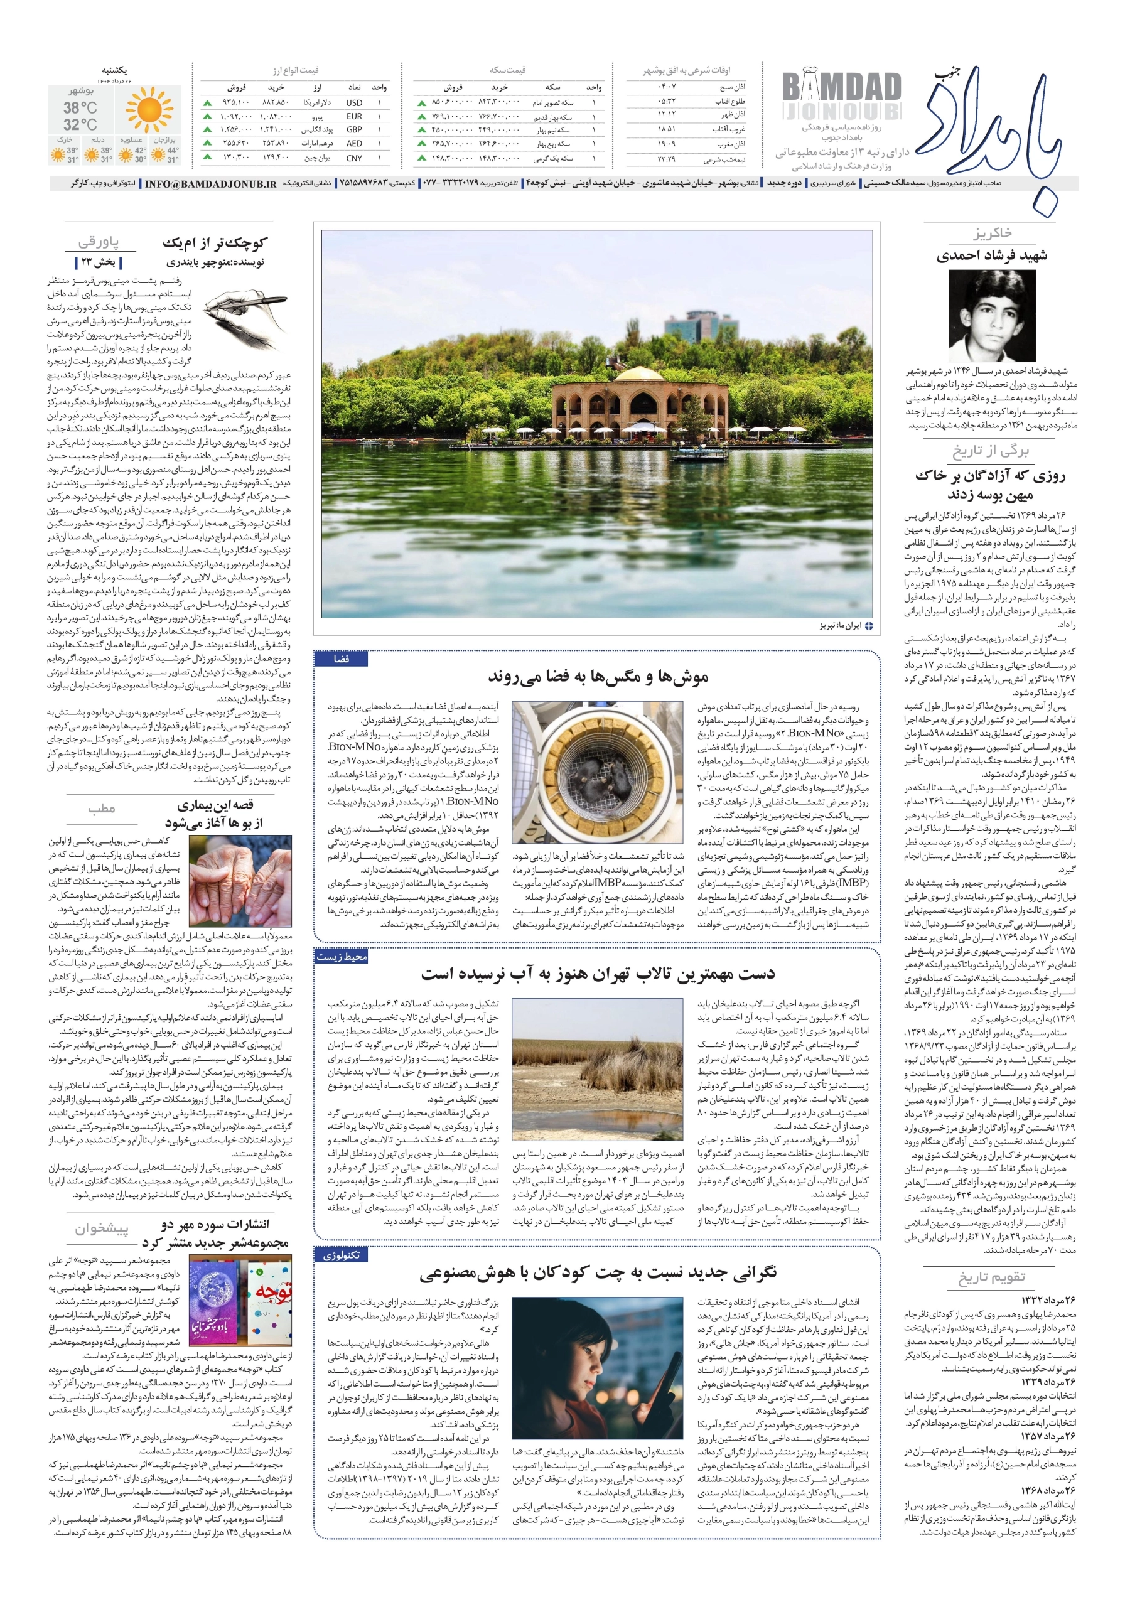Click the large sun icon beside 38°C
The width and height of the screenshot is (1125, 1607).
(x=148, y=110)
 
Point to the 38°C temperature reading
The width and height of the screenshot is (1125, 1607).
(x=80, y=108)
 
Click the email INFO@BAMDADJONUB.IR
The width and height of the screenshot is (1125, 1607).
(x=210, y=184)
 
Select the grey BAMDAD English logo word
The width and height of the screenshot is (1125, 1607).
(x=841, y=87)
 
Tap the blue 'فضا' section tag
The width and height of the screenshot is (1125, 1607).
(x=341, y=658)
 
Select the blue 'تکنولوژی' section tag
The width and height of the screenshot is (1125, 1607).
(x=341, y=1255)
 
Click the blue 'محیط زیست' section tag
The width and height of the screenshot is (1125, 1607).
(x=341, y=957)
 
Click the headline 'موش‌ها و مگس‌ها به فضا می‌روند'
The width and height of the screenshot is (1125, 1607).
(x=598, y=676)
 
